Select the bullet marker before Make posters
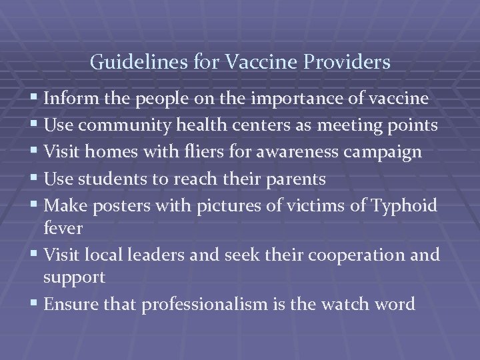click(x=34, y=205)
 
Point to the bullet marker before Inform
click(x=34, y=99)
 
